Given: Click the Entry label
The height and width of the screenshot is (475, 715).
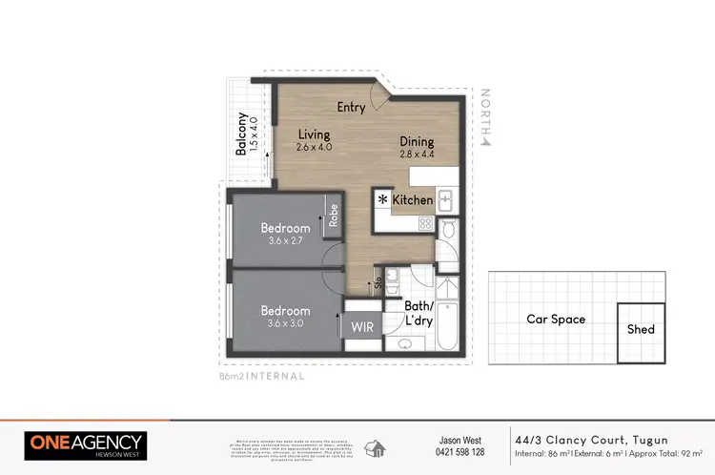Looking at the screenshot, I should [351, 107].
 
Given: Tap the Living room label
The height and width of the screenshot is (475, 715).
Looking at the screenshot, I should [313, 134].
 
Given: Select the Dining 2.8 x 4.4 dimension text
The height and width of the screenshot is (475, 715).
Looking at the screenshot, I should [416, 154].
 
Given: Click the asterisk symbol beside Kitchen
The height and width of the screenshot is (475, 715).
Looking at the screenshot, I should [383, 200].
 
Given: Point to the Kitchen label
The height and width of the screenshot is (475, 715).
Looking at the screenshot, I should [413, 200].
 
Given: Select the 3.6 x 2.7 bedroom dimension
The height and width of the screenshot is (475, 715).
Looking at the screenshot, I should [286, 242].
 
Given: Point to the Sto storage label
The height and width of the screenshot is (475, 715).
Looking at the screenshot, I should [378, 281].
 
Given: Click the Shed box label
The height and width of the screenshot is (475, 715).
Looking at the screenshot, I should [641, 330].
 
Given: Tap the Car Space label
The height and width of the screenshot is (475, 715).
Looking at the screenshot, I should [556, 320].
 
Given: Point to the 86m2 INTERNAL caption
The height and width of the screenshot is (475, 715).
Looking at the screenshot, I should [261, 377].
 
